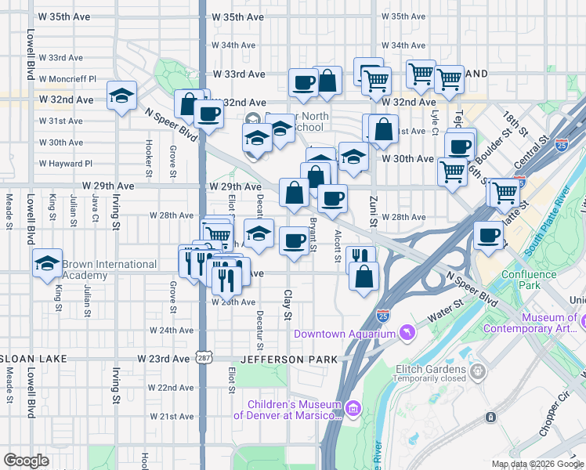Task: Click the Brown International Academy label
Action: [109, 269]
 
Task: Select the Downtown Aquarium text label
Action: [345, 334]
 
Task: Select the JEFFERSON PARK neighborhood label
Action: [289, 359]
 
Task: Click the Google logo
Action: [26, 460]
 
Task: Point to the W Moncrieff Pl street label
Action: [71, 79]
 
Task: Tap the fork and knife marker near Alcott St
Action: [360, 258]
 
